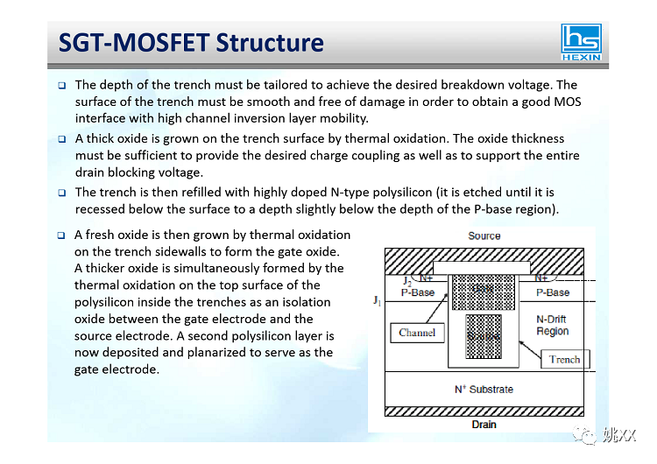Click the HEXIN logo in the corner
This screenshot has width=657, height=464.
(x=582, y=42)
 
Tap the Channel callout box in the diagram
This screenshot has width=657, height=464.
(x=416, y=333)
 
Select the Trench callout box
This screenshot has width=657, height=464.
(x=564, y=359)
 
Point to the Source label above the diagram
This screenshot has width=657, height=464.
(x=484, y=236)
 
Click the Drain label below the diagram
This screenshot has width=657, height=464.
(x=484, y=425)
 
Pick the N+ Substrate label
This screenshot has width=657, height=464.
(x=484, y=389)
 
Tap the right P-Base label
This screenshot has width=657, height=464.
(x=552, y=292)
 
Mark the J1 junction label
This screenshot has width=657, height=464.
(x=377, y=300)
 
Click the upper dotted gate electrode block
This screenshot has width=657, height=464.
(x=482, y=292)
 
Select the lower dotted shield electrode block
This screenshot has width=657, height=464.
(x=482, y=335)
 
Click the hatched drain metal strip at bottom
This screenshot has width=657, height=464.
(x=484, y=411)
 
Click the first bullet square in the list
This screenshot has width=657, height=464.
(x=62, y=86)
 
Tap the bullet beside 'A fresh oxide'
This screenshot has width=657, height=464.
(x=62, y=236)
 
